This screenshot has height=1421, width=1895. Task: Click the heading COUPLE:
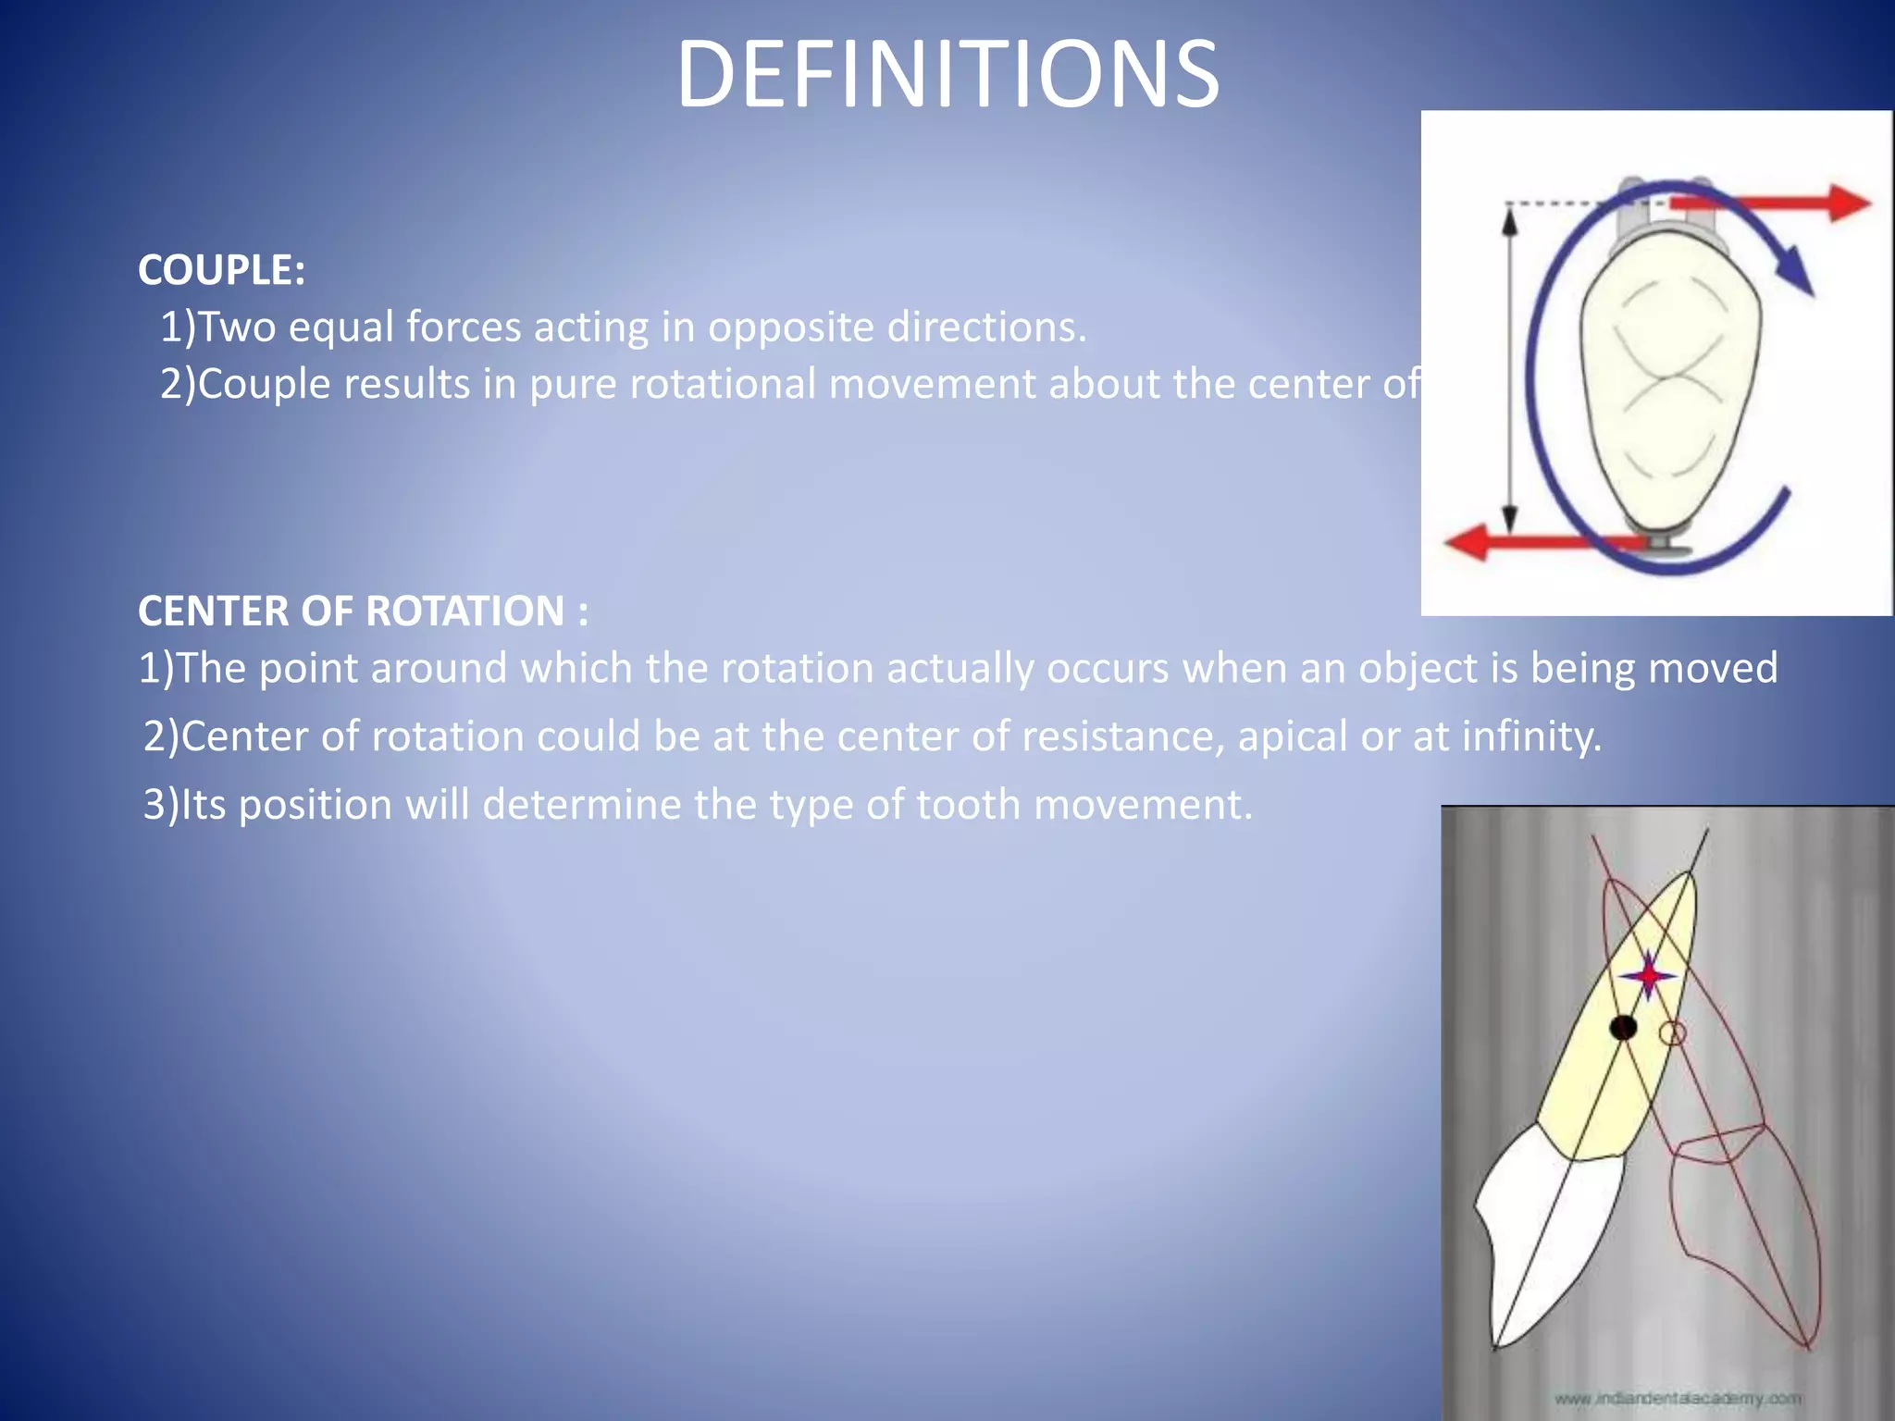(221, 270)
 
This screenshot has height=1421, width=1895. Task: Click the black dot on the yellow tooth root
(1623, 1027)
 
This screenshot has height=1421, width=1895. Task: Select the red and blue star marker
(1648, 976)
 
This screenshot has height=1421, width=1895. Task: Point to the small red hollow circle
(1672, 1033)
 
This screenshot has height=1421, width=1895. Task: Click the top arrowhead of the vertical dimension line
(1509, 220)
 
